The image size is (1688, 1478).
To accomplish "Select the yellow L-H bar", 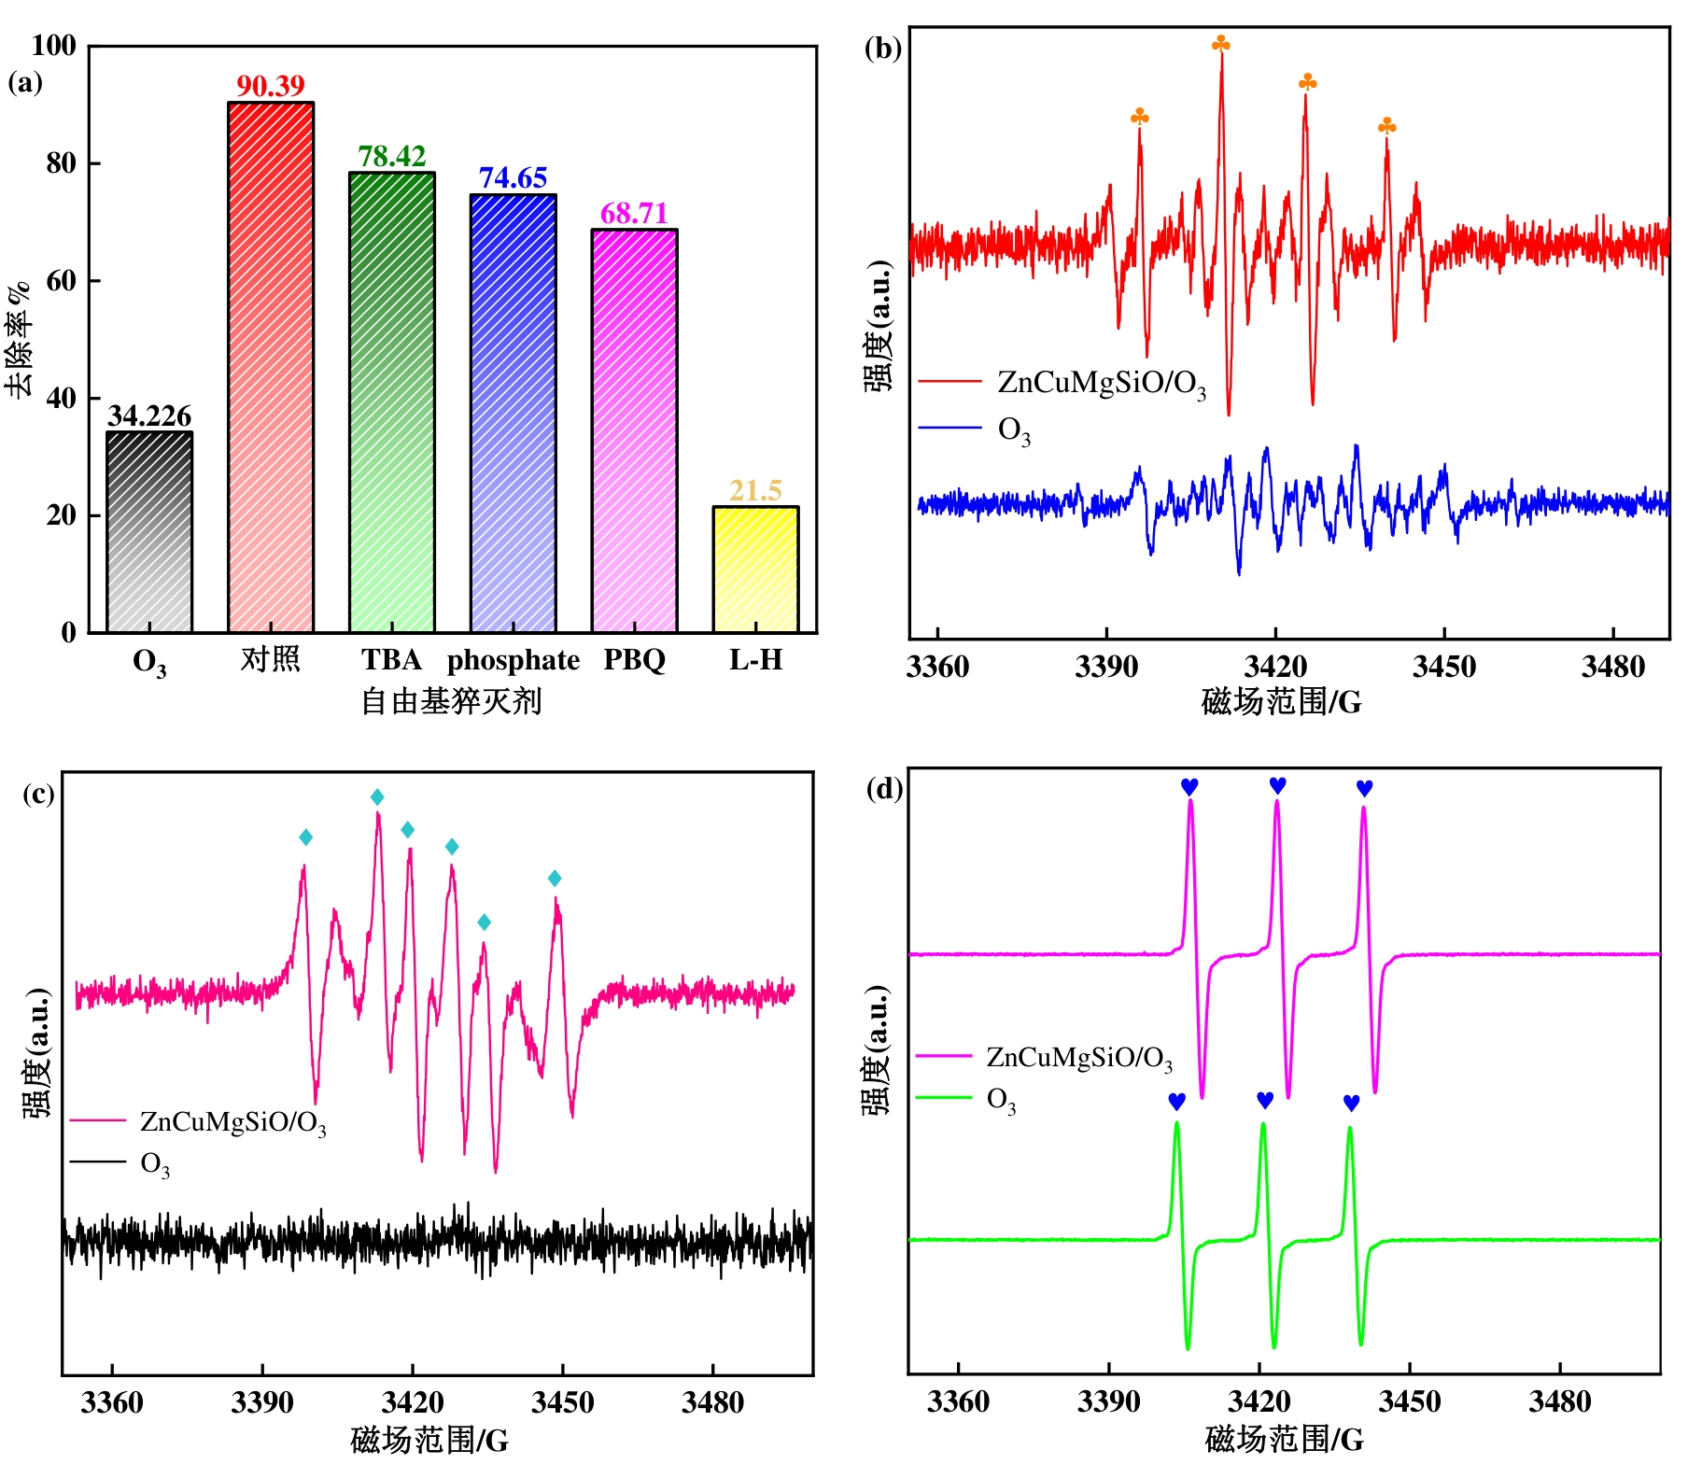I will [755, 570].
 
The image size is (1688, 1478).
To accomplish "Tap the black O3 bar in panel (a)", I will [149, 532].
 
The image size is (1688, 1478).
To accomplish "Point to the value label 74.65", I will [513, 177].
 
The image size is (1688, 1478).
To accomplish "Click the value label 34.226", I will [149, 415].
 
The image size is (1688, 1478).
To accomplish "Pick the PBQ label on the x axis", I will [634, 660].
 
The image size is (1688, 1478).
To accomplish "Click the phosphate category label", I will [513, 661].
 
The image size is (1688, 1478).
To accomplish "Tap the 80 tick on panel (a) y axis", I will [62, 163].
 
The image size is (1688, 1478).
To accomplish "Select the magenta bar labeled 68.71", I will [634, 430].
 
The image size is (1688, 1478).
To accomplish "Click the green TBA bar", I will [392, 402].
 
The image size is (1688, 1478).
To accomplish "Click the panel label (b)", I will [882, 48].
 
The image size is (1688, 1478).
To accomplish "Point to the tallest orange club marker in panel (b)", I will [1221, 44].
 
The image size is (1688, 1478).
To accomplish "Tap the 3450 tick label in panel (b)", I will [1443, 667].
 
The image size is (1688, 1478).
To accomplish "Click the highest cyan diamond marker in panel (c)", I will [377, 796].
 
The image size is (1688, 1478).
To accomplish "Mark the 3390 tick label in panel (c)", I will [262, 1402].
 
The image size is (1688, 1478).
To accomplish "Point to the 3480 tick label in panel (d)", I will [1559, 1401].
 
